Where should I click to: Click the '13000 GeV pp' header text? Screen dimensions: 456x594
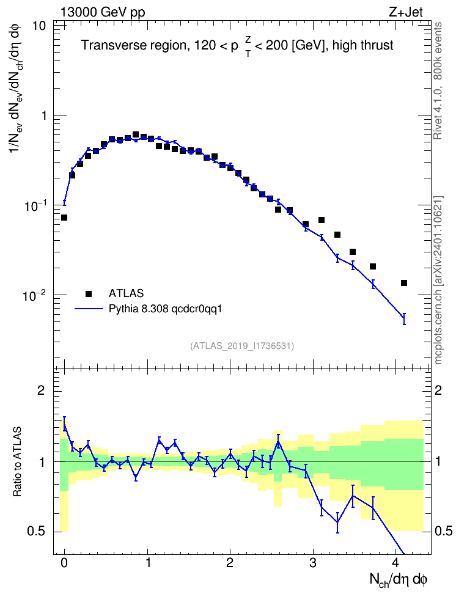(x=103, y=12)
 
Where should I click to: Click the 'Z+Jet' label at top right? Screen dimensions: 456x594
(x=406, y=12)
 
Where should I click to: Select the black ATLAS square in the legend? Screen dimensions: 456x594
(x=89, y=293)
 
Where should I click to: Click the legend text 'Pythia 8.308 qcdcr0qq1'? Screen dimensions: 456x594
(x=165, y=309)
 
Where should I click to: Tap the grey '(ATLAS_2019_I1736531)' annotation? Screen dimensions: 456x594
(x=242, y=345)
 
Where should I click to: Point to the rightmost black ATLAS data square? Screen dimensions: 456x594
(x=404, y=283)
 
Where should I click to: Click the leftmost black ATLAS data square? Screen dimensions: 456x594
(x=64, y=218)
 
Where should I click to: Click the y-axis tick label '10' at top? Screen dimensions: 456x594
(x=38, y=26)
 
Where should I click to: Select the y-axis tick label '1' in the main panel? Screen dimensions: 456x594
(x=43, y=115)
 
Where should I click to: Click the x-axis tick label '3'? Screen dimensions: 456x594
(x=313, y=562)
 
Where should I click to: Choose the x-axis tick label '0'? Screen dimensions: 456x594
(x=64, y=562)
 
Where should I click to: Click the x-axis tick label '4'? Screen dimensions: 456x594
(x=395, y=562)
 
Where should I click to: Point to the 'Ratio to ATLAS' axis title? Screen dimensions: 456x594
(x=17, y=461)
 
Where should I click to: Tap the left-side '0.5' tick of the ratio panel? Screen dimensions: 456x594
(x=37, y=532)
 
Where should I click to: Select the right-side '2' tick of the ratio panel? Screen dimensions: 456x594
(x=438, y=390)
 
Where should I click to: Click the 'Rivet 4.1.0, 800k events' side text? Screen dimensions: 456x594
(x=438, y=81)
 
